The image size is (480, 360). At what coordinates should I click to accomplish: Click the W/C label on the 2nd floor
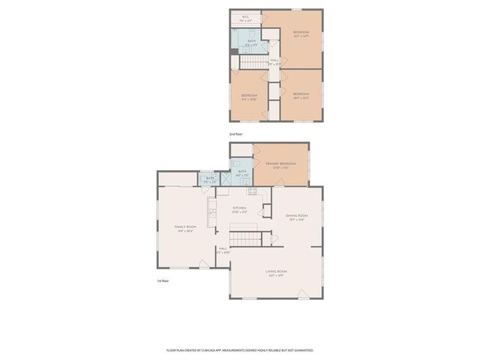(245, 17)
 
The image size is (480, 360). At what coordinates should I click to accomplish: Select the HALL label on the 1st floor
(223, 249)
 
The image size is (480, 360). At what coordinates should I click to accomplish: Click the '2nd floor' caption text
(235, 133)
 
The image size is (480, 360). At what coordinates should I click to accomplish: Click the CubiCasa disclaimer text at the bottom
(240, 349)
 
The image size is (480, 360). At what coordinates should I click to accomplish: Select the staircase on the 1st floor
(244, 238)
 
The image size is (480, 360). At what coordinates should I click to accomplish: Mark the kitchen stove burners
(253, 192)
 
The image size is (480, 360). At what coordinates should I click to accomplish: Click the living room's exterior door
(301, 292)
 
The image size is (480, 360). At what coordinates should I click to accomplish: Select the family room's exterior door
(202, 264)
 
